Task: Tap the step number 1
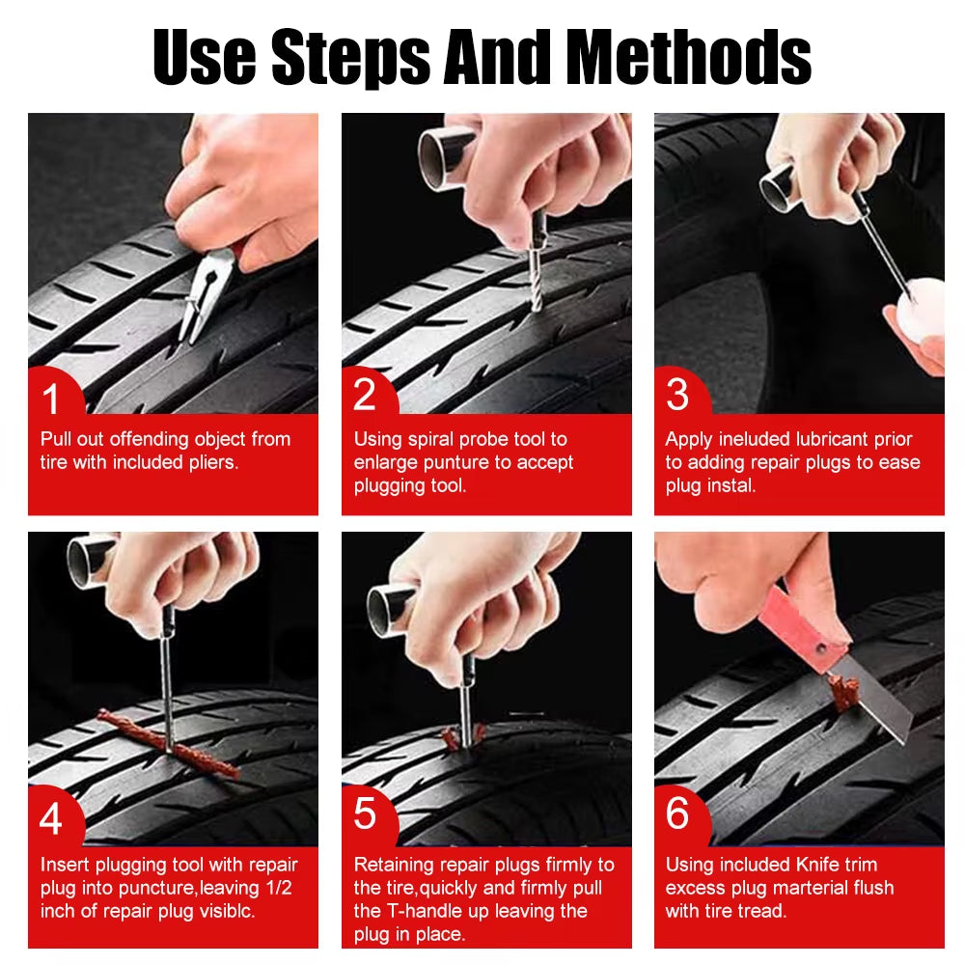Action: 50,397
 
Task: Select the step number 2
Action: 364,396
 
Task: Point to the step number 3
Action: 677,396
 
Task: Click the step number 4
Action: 50,819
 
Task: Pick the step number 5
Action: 364,813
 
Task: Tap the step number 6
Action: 677,813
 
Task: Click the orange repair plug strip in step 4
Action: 169,744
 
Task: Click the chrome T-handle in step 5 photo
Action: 391,608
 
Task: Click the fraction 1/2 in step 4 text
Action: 278,888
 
